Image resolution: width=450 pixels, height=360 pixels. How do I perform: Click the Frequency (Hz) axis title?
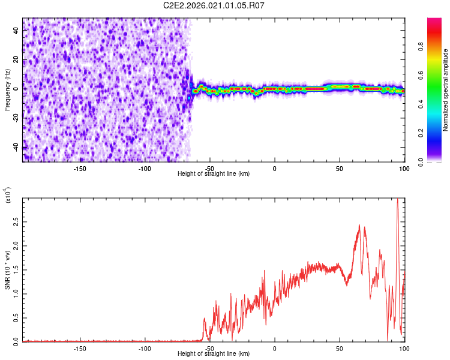click(x=7, y=89)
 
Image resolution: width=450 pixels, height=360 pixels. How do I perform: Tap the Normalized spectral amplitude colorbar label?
click(x=446, y=90)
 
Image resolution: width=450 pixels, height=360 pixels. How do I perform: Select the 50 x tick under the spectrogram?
click(x=340, y=169)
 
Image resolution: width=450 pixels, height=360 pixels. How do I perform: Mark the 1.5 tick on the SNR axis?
click(x=16, y=269)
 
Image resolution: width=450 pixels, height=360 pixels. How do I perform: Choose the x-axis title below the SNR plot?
click(x=214, y=355)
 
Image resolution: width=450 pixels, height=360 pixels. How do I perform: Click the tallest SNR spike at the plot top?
click(x=397, y=200)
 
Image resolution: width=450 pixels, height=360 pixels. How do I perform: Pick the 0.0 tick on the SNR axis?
click(x=16, y=340)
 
